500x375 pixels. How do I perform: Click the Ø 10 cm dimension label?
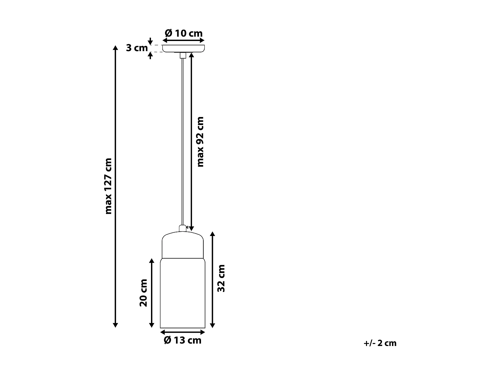pyautogui.click(x=184, y=33)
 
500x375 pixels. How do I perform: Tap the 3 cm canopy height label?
pyautogui.click(x=137, y=48)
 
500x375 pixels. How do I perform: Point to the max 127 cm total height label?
pyautogui.click(x=108, y=186)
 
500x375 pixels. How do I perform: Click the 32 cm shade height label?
pyautogui.click(x=221, y=278)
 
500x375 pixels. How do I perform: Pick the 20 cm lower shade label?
pyautogui.click(x=143, y=293)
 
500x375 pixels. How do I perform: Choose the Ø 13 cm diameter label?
pyautogui.click(x=183, y=340)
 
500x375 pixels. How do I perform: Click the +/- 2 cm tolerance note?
pyautogui.click(x=380, y=343)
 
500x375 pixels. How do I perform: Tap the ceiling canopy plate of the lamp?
pyautogui.click(x=183, y=49)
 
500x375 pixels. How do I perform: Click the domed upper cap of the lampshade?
pyautogui.click(x=183, y=245)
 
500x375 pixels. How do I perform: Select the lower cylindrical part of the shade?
pyautogui.click(x=183, y=293)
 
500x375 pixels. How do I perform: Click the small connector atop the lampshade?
pyautogui.click(x=182, y=228)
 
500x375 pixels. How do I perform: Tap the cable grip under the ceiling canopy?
pyautogui.click(x=182, y=56)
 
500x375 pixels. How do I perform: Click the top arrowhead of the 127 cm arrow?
pyautogui.click(x=115, y=48)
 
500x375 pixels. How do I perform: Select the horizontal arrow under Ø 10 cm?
pyautogui.click(x=183, y=40)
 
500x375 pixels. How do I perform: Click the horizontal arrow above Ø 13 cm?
pyautogui.click(x=183, y=332)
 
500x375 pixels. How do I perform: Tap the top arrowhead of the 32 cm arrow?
pyautogui.click(x=213, y=234)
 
